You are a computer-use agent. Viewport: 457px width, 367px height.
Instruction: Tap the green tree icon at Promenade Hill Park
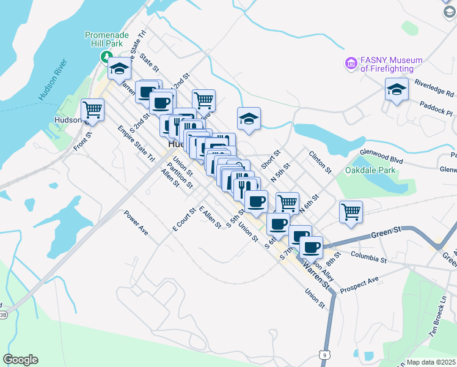pyautogui.click(x=105, y=57)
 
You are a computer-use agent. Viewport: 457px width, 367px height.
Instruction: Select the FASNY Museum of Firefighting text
pyautogui.click(x=391, y=64)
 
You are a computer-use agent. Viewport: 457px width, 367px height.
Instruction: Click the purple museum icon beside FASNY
pyautogui.click(x=351, y=63)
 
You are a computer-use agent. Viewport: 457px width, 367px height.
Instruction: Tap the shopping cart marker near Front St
pyautogui.click(x=92, y=110)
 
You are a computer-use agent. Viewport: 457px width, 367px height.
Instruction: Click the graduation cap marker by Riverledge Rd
pyautogui.click(x=397, y=90)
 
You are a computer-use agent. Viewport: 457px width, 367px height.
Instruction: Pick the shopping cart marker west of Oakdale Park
pyautogui.click(x=351, y=212)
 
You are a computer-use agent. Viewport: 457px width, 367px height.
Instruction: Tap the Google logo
pyautogui.click(x=20, y=360)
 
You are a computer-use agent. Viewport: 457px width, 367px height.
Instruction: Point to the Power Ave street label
pyautogui.click(x=136, y=223)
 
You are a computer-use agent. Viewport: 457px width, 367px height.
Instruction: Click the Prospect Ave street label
pyautogui.click(x=359, y=283)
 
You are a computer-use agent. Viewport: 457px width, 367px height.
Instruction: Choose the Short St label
pyautogui.click(x=270, y=160)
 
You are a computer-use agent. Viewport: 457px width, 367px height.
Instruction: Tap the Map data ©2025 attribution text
pyautogui.click(x=430, y=362)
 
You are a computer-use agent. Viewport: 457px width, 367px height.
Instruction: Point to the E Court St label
pyautogui.click(x=183, y=219)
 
